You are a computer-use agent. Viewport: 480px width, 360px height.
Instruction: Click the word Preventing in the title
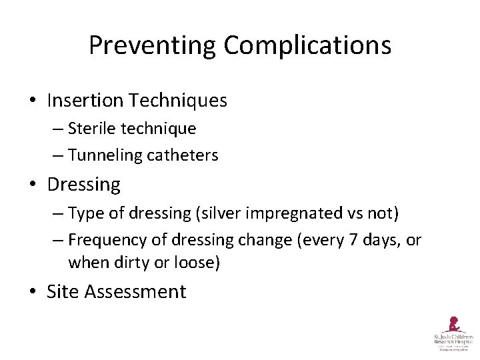click(x=153, y=45)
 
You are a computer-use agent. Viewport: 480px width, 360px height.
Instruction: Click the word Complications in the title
click(x=307, y=45)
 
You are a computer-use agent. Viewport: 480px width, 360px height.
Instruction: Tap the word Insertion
click(x=85, y=101)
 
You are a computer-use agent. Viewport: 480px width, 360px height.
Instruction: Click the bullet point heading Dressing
click(x=83, y=184)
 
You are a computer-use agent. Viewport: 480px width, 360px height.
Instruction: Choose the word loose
click(x=195, y=262)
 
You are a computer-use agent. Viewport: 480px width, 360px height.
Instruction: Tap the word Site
click(x=62, y=291)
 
